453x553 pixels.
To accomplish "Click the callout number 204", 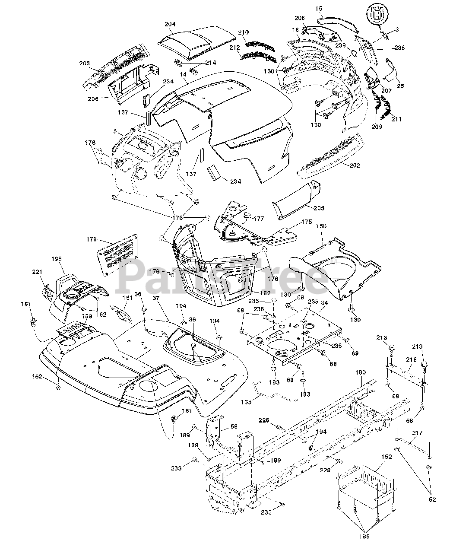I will pos(170,25).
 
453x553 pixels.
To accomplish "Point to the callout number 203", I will pos(84,64).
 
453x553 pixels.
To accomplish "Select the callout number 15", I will pos(319,8).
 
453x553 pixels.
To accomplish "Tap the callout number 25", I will pos(400,86).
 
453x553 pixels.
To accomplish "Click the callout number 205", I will pos(319,209).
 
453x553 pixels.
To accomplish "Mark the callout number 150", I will pos(322,226).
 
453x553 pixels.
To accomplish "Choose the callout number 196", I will pos(57,258).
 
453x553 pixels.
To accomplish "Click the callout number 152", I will pos(386,457).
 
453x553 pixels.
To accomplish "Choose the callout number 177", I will pos(259,219).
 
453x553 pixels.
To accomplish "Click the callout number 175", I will pos(306,221).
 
